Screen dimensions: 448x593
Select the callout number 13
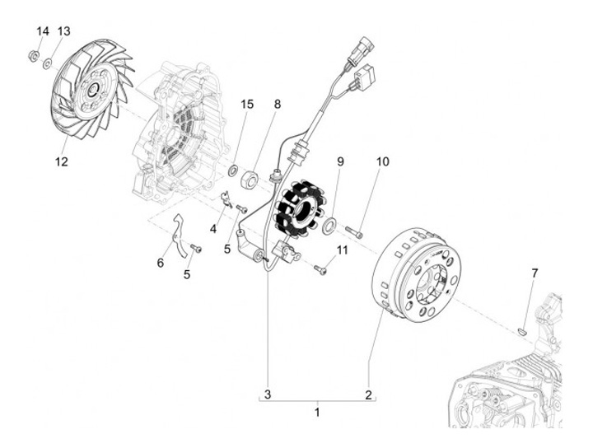[63, 31]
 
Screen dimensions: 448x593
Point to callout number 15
[246, 105]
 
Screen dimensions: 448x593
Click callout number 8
[278, 105]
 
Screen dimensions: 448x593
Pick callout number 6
[161, 263]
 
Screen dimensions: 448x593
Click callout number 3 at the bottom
[267, 393]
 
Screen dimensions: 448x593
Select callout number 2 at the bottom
[369, 393]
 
